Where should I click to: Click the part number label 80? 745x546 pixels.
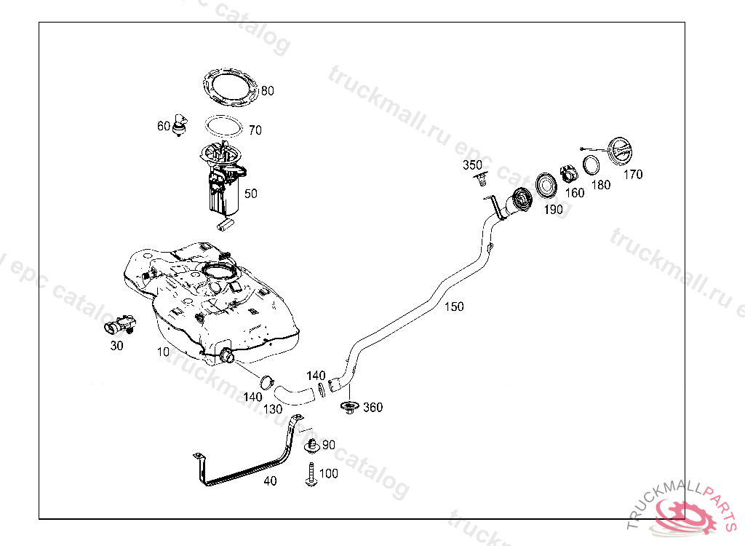click(x=268, y=91)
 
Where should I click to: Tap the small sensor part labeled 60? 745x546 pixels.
click(x=180, y=124)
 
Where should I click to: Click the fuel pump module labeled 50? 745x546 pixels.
click(x=223, y=186)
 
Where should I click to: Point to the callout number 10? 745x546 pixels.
click(x=163, y=352)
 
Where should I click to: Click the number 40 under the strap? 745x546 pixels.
click(x=270, y=481)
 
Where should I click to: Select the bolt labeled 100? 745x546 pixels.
click(x=310, y=474)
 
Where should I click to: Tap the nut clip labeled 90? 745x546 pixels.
click(x=311, y=444)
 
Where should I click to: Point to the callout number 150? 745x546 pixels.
click(x=454, y=306)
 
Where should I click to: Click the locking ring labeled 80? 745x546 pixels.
click(x=231, y=86)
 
